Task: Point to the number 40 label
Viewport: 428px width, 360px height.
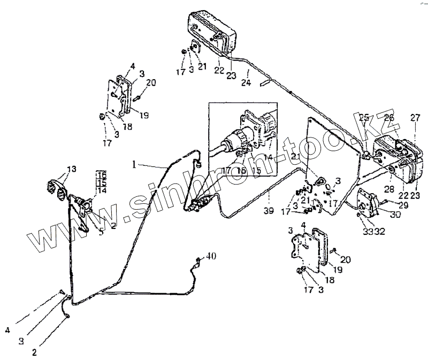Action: tap(211, 257)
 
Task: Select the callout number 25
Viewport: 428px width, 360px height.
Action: tap(364, 117)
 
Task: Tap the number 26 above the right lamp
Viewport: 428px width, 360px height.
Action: tap(389, 117)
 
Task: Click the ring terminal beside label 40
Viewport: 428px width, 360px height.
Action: tap(197, 261)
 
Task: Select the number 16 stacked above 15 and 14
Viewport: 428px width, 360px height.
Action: tap(102, 175)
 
